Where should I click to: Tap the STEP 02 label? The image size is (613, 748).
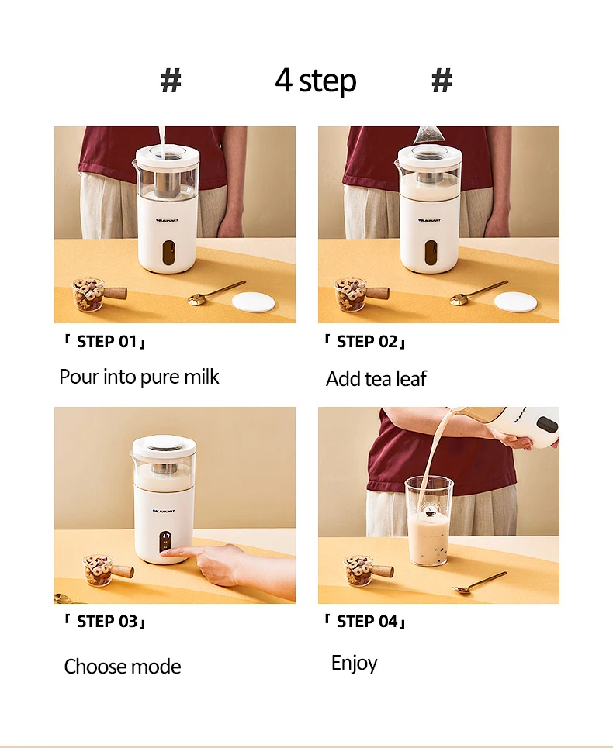point(365,342)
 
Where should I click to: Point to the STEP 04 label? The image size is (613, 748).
point(365,621)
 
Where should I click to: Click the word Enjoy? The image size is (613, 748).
point(355,663)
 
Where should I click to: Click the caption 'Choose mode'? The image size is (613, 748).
point(123,667)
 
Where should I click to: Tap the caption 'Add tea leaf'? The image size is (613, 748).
point(376,379)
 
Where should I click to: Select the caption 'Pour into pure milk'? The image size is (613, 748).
point(139,377)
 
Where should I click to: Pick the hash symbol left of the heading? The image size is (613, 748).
point(171,80)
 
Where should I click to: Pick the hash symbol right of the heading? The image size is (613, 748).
point(442,80)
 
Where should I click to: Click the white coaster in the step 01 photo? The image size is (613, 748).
point(253,302)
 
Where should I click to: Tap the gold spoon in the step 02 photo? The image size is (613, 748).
point(477,292)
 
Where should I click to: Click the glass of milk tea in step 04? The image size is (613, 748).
point(429,522)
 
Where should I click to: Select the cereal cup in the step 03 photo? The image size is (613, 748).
point(107,570)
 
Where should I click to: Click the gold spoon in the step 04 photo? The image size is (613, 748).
point(480,583)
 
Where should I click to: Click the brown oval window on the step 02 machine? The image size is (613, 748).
point(431,252)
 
